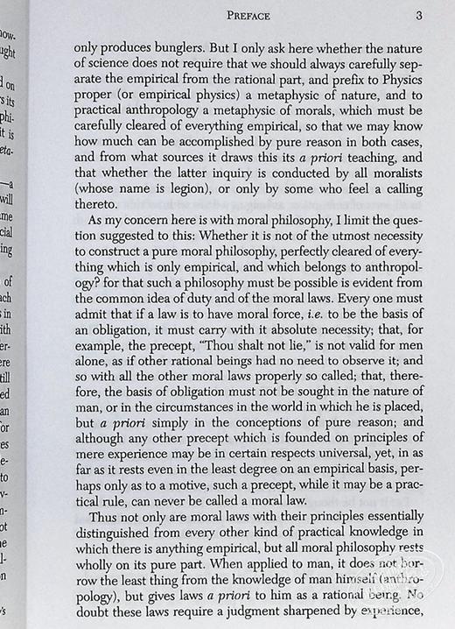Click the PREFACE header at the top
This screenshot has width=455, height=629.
point(248,15)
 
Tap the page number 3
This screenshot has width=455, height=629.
point(420,15)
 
